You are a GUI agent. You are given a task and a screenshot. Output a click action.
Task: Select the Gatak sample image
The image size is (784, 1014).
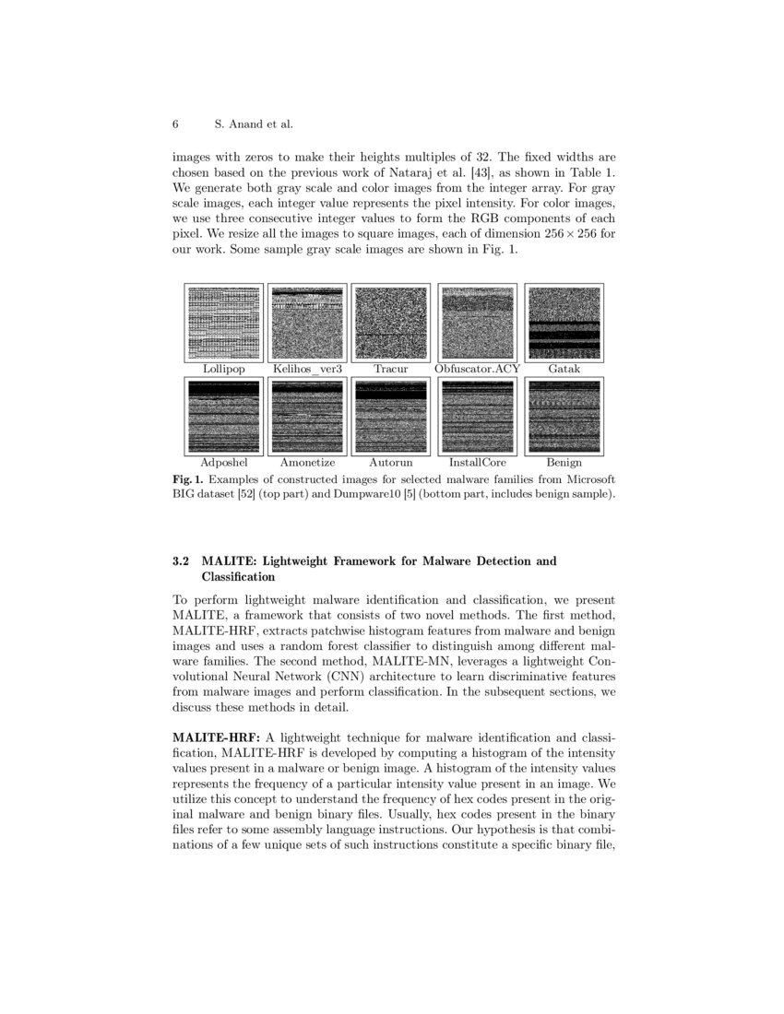coord(563,323)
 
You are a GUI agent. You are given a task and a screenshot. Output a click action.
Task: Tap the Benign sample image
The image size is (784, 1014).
coord(563,416)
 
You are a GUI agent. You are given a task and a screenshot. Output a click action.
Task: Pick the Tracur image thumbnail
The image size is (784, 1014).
coord(391,323)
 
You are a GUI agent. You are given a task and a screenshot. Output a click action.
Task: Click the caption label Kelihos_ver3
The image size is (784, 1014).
coord(306,369)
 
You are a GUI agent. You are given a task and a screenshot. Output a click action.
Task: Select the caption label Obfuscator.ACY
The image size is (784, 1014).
coord(477,369)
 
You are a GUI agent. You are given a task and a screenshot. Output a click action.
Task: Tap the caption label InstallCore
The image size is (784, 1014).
coord(477,462)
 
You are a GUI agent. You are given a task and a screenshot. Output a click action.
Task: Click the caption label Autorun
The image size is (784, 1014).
coord(391,462)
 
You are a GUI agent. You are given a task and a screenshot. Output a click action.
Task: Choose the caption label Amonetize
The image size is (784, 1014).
coord(306,462)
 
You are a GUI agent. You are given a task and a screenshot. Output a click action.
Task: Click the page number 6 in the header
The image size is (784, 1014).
coord(175,124)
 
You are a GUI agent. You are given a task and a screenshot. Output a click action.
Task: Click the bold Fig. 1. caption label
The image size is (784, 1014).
coord(188,480)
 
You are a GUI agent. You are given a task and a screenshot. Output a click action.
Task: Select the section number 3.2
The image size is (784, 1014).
coord(183,560)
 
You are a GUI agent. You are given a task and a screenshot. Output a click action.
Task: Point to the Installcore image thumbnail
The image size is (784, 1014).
coord(477,416)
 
